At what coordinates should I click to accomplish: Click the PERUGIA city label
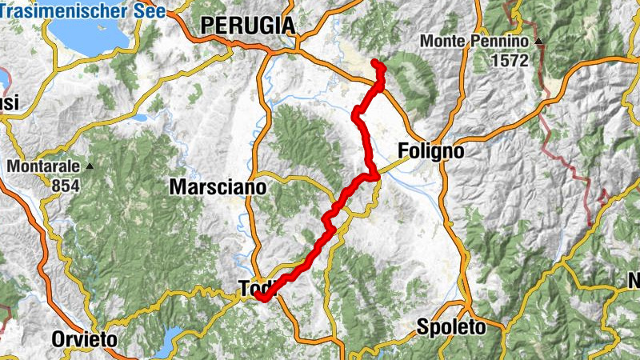pos(248,26)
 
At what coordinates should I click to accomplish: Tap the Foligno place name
pos(431,151)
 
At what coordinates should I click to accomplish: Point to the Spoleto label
pos(450,327)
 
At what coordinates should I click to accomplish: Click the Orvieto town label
pos(85,339)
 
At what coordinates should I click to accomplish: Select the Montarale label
pos(45,166)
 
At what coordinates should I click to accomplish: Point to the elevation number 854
pos(47,185)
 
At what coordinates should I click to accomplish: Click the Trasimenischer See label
pos(83,11)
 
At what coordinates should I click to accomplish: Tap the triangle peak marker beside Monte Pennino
pos(539,41)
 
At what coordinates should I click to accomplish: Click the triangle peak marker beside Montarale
pos(90,166)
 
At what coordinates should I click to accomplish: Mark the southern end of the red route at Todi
pos(259,298)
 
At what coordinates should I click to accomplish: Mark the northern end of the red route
pos(374,62)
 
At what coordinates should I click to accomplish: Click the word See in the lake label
pos(150,11)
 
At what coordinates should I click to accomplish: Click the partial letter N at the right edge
pos(634,281)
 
